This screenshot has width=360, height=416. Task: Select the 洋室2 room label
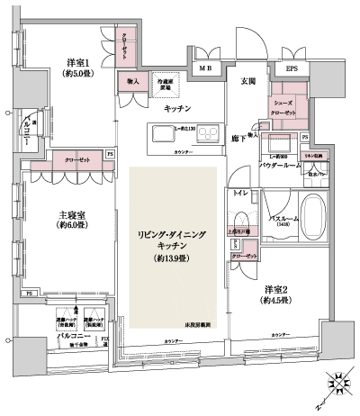point(279,289)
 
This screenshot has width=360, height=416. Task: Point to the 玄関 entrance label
point(248,80)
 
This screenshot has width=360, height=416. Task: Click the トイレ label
point(239,193)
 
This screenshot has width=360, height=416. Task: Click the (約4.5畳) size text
point(280,302)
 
